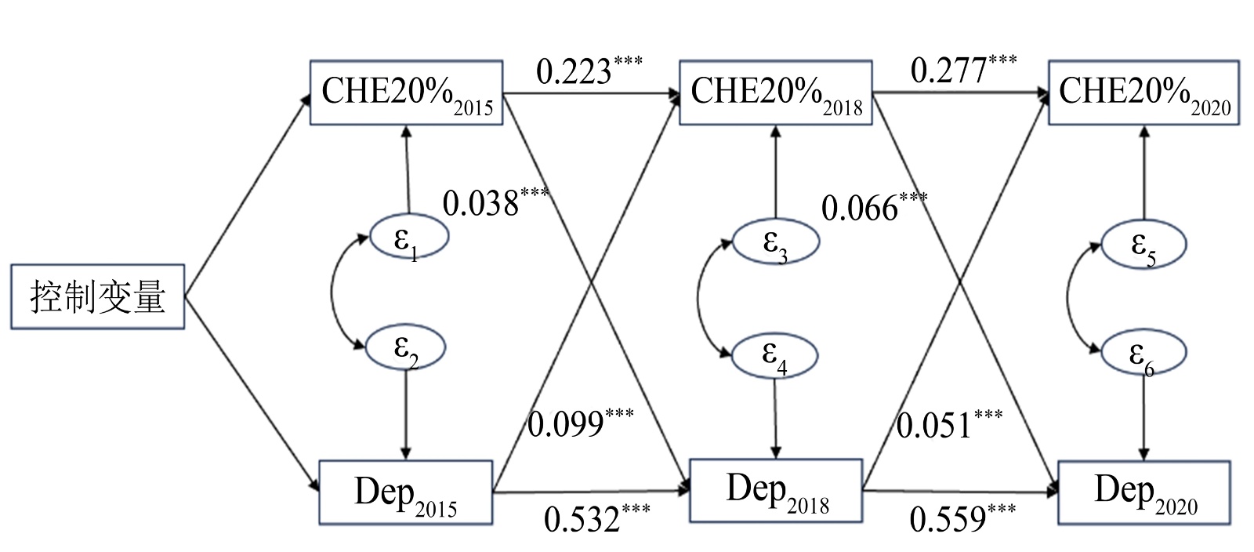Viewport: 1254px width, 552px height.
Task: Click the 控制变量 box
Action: pyautogui.click(x=97, y=296)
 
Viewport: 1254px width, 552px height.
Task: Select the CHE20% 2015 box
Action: pyautogui.click(x=406, y=93)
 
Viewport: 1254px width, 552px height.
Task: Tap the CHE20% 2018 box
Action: pyautogui.click(x=775, y=93)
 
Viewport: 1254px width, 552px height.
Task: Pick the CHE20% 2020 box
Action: pyautogui.click(x=1143, y=93)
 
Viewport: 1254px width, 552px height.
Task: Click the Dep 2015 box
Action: pyautogui.click(x=405, y=492)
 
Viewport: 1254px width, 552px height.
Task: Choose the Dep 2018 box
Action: pyautogui.click(x=775, y=491)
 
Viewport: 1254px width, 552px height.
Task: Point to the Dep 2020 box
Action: pyautogui.click(x=1143, y=492)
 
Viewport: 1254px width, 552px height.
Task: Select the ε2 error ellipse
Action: pyautogui.click(x=406, y=347)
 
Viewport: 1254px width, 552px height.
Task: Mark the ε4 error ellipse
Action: pyautogui.click(x=774, y=355)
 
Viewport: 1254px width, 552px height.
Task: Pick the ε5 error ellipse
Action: pyautogui.click(x=1143, y=245)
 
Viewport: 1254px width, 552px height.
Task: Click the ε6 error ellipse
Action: pyautogui.click(x=1143, y=354)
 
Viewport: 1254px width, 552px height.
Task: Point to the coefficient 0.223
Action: pyautogui.click(x=574, y=71)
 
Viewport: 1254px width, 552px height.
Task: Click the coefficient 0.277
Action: pyautogui.click(x=948, y=71)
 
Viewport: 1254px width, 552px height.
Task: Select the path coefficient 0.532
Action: pyautogui.click(x=582, y=519)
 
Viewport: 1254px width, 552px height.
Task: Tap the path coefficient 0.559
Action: pyautogui.click(x=948, y=519)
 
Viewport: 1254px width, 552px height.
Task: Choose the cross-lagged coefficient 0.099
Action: pyautogui.click(x=565, y=424)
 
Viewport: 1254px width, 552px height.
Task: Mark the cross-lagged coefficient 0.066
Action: pyautogui.click(x=860, y=209)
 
